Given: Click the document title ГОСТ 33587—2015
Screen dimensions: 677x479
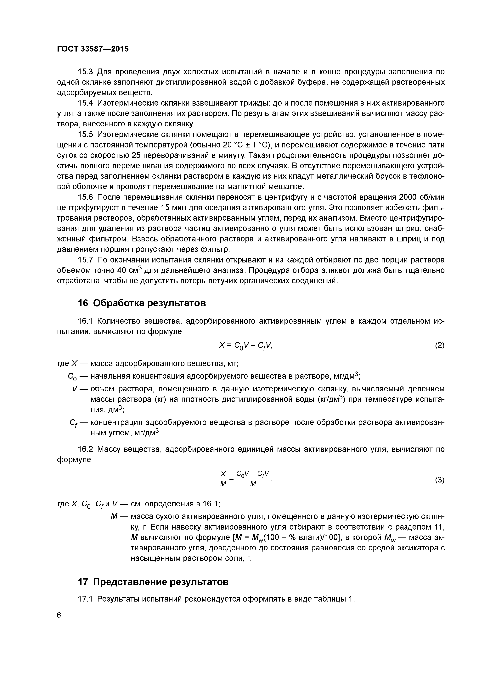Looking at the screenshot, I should coord(93,49).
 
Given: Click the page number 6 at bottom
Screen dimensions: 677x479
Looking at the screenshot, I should coord(59,615).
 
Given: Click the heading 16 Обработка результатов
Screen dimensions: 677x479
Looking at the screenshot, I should coord(142,303).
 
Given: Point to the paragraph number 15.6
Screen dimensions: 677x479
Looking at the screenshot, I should coord(85,197).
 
